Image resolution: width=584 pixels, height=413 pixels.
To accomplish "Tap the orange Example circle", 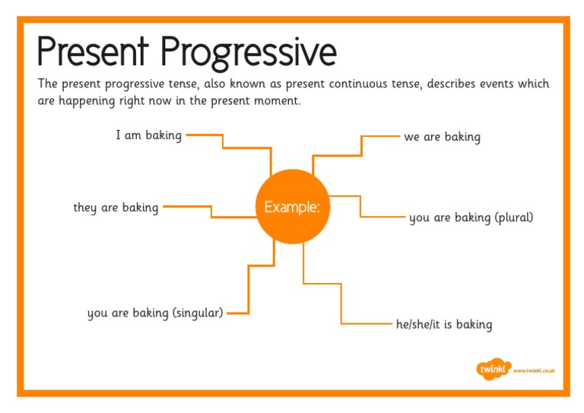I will [293, 207].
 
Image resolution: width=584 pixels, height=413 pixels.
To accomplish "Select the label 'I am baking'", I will [148, 135].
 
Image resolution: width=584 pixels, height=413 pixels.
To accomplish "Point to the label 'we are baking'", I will [442, 137].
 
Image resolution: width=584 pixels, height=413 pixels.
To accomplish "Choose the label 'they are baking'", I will [116, 207].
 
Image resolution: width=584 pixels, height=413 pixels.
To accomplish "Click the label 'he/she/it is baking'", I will [444, 325].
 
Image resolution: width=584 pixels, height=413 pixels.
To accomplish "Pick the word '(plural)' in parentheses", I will [514, 218].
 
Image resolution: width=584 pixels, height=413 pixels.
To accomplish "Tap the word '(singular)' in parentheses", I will [197, 313].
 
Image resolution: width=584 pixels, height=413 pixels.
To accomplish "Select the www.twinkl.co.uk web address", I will [535, 370].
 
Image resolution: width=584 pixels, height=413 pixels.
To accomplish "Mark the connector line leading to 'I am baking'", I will [222, 142].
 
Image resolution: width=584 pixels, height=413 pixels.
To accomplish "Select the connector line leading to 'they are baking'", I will [211, 211].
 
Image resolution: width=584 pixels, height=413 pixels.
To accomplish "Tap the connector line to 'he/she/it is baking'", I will [341, 304].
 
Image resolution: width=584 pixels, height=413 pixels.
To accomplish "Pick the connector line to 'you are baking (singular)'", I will [249, 289].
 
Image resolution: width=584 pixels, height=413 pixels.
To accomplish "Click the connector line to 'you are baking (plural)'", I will [360, 207].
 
